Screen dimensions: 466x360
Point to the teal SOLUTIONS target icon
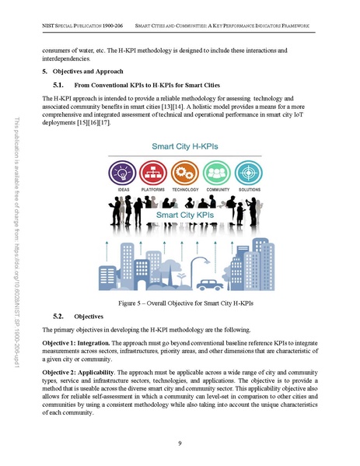pos(252,172)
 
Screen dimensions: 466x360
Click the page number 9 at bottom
pos(180,443)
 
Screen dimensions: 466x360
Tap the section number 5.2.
pos(58,317)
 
